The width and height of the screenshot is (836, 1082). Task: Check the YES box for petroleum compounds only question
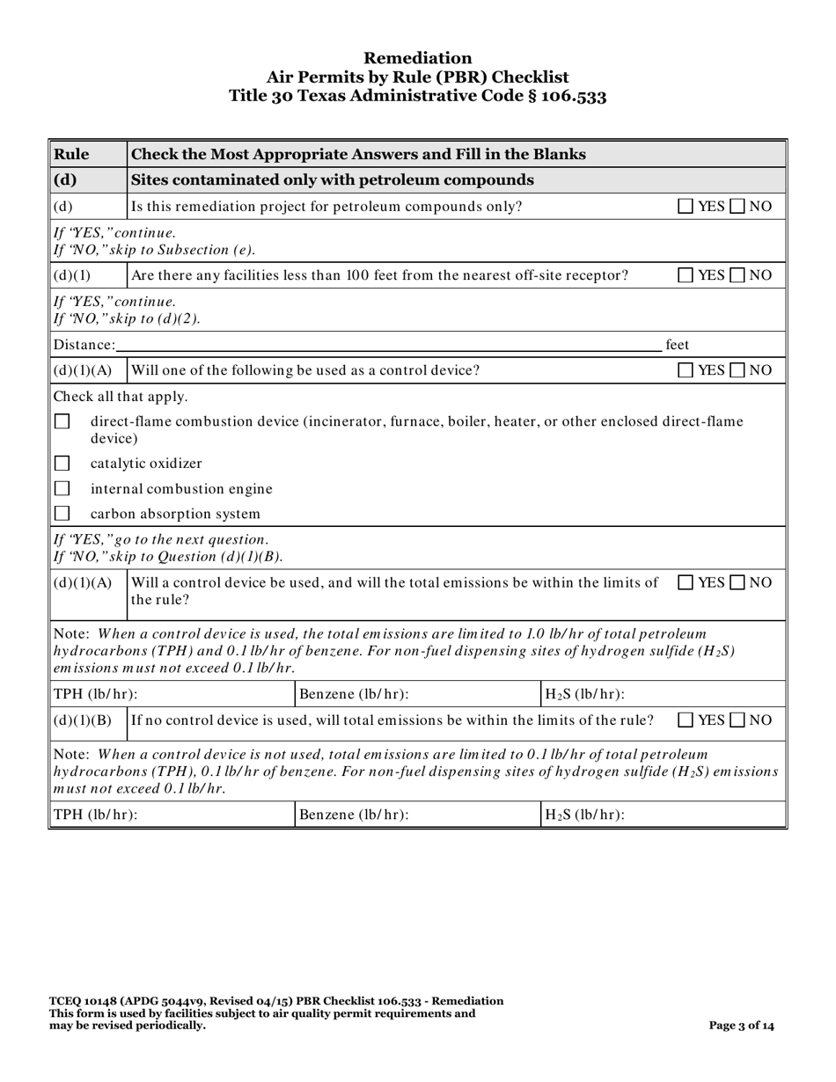(x=685, y=207)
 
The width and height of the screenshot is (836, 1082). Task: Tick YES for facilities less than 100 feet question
(x=685, y=275)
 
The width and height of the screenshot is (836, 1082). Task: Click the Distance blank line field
(x=387, y=345)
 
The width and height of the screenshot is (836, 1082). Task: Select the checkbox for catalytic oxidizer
(x=62, y=464)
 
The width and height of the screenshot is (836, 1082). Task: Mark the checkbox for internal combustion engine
(x=62, y=488)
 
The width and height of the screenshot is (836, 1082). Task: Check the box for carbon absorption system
(x=62, y=513)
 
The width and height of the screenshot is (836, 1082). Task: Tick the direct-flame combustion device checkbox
(x=62, y=422)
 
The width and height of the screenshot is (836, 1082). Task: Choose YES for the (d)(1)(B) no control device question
(x=685, y=720)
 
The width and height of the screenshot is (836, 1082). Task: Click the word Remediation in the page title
(x=417, y=58)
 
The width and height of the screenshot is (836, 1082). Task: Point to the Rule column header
(x=72, y=155)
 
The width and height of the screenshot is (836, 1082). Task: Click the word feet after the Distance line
(x=677, y=345)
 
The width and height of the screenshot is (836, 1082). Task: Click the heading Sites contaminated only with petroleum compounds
(x=332, y=180)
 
